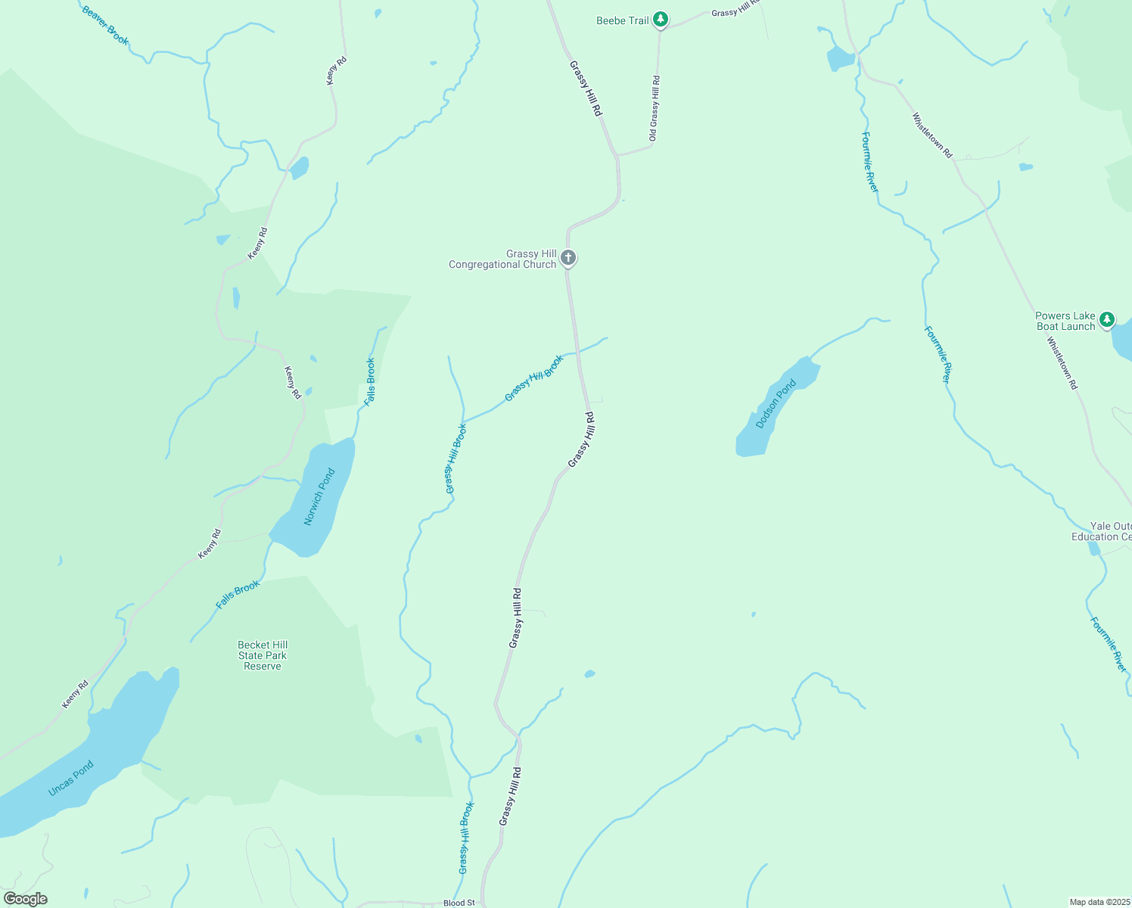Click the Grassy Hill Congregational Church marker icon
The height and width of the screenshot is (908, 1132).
pyautogui.click(x=568, y=258)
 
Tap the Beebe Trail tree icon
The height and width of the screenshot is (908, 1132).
pyautogui.click(x=661, y=20)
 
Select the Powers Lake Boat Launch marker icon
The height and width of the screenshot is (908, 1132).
pyautogui.click(x=1107, y=320)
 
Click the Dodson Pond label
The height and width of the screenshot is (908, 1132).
pyautogui.click(x=776, y=403)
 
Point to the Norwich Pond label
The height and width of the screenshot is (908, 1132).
pyautogui.click(x=319, y=496)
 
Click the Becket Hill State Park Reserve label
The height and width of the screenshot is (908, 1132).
pyautogui.click(x=263, y=655)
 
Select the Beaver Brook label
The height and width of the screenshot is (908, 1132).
pyautogui.click(x=105, y=26)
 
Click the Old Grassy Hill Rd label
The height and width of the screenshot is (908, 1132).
pyautogui.click(x=655, y=108)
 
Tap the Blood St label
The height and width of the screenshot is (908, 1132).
pyautogui.click(x=459, y=903)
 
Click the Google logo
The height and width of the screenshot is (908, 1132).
pyautogui.click(x=26, y=899)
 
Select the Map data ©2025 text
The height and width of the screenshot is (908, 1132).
pyautogui.click(x=1099, y=902)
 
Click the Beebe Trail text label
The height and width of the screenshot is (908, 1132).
pyautogui.click(x=622, y=20)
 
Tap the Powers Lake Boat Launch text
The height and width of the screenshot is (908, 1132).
pyautogui.click(x=1065, y=321)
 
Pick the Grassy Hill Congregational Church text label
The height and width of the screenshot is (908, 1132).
pyautogui.click(x=502, y=259)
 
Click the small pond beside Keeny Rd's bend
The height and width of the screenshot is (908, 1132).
pyautogui.click(x=300, y=167)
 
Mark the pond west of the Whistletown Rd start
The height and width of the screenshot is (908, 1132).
pyautogui.click(x=840, y=58)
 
